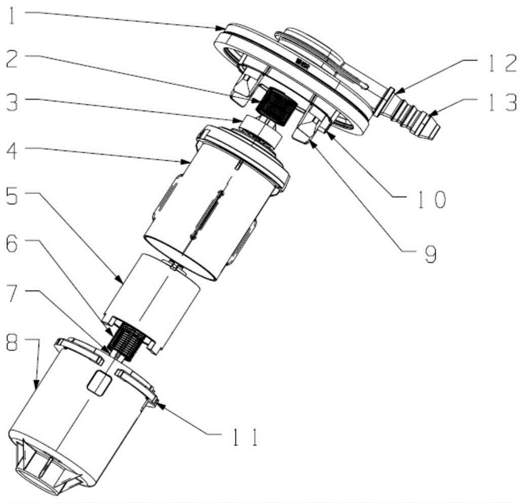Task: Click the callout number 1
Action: point(12,16)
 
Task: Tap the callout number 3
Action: point(13,100)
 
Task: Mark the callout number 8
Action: point(13,340)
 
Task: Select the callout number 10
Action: point(431,199)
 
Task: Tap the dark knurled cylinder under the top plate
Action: point(275,106)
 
